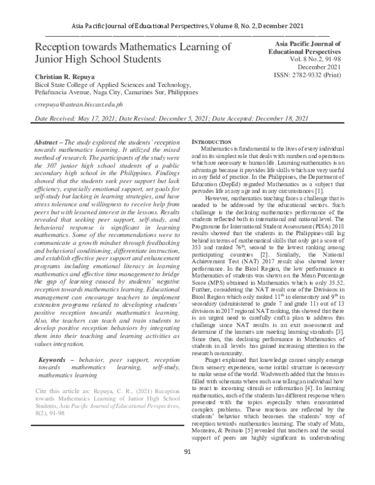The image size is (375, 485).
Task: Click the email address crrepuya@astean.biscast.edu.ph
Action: [x=78, y=105]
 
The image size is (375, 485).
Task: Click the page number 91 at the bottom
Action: [x=187, y=469]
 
